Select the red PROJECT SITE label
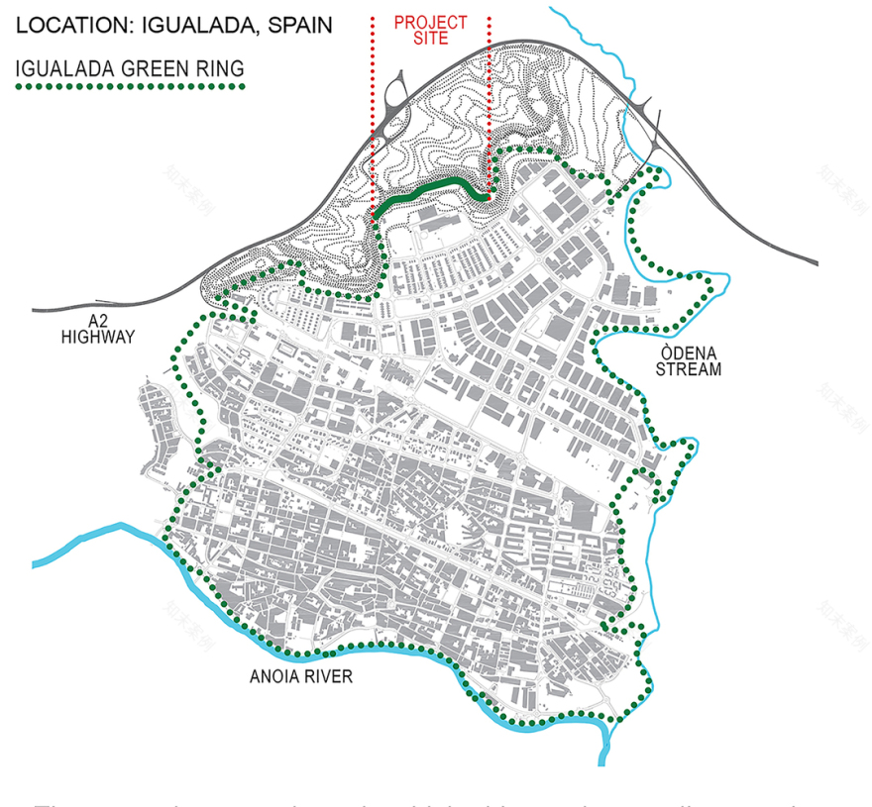click(x=430, y=30)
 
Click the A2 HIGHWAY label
click(x=97, y=329)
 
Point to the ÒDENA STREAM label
click(x=693, y=361)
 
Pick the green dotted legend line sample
click(x=129, y=87)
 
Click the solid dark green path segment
click(x=436, y=186)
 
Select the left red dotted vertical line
click(x=372, y=99)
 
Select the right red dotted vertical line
click(x=490, y=99)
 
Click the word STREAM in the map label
click(x=693, y=370)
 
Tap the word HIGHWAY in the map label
click(x=97, y=337)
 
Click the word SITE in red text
click(x=430, y=39)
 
